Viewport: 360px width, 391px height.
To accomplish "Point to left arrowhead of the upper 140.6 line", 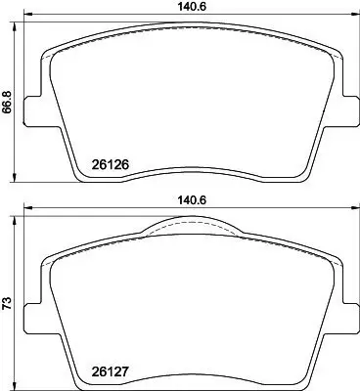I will (25, 17).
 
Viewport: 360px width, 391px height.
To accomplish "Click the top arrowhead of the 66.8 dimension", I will (17, 22).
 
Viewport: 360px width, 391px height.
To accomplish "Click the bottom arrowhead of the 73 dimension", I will (17, 387).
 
